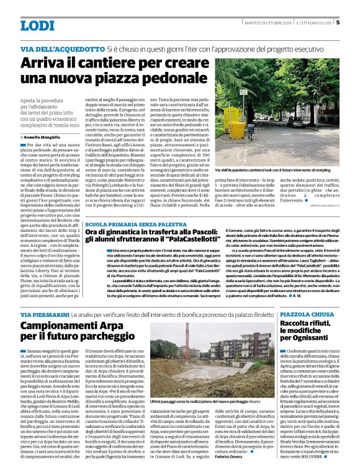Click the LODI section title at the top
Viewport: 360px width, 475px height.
pos(38,25)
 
